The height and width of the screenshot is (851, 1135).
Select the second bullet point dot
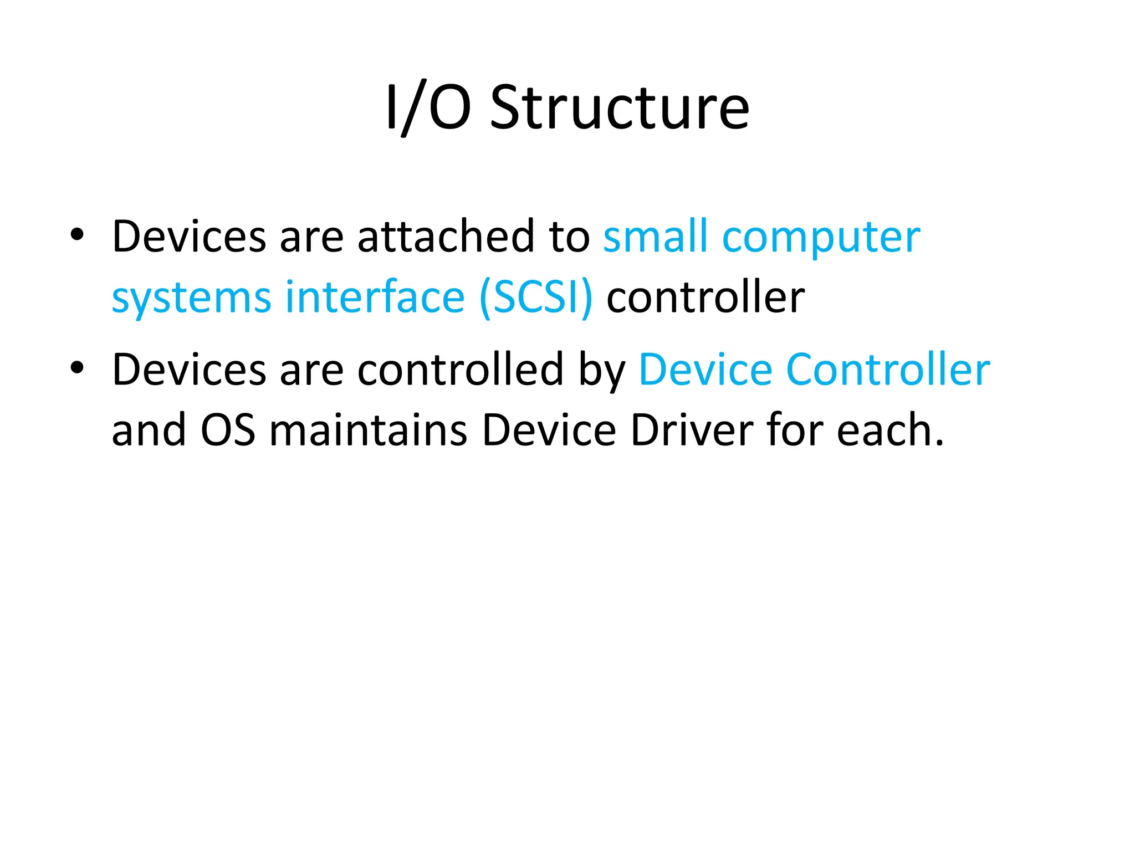pyautogui.click(x=77, y=367)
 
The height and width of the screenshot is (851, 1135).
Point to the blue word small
pyautogui.click(x=656, y=237)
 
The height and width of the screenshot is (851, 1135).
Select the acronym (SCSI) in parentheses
pyautogui.click(x=536, y=298)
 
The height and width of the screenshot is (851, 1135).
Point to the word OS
pyautogui.click(x=228, y=430)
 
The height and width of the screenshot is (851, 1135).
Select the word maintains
pyautogui.click(x=369, y=430)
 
